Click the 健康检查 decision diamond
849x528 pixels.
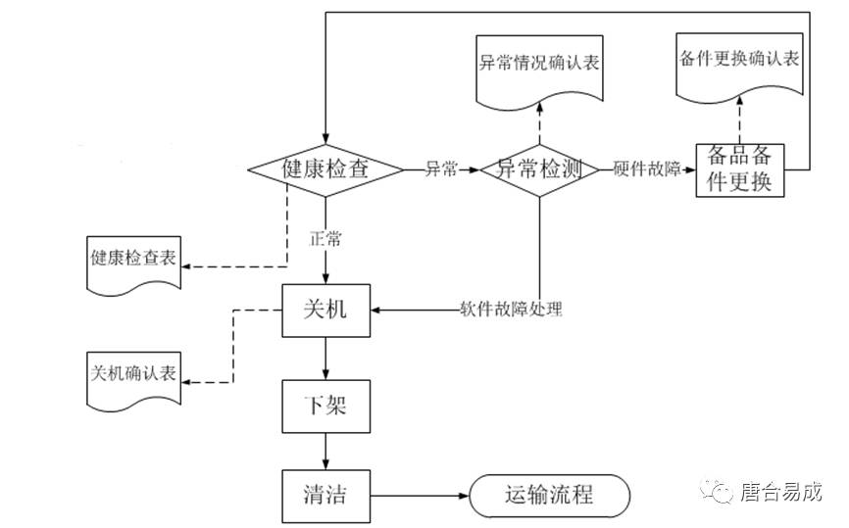point(325,169)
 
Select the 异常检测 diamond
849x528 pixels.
point(538,169)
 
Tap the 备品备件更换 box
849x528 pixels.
point(740,169)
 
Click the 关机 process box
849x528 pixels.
point(325,311)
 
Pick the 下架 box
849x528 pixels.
point(325,405)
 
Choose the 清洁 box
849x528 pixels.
point(325,496)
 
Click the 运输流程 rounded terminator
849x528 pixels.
point(548,496)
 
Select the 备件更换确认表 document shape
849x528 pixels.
point(739,63)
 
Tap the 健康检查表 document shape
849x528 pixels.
point(134,261)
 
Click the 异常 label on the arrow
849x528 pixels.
point(441,169)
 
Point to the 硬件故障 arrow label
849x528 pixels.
point(645,169)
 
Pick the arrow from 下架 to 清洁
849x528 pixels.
point(325,452)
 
